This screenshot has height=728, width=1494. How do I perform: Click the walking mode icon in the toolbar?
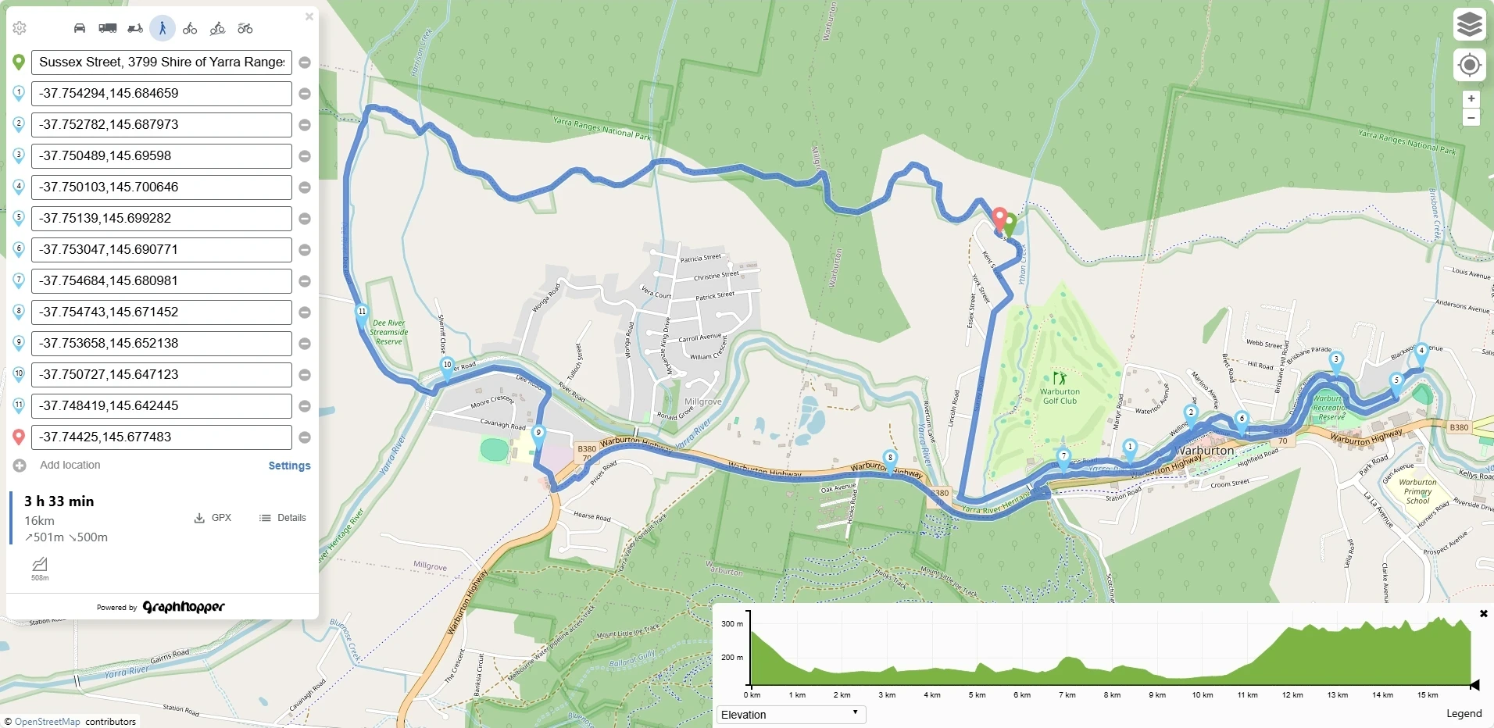(163, 29)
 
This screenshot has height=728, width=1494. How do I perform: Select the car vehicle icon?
(80, 29)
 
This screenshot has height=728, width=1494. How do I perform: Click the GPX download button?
(213, 518)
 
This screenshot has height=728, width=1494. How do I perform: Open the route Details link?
(283, 518)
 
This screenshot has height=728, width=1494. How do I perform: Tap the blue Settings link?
(289, 466)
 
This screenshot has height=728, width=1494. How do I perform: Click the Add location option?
(70, 465)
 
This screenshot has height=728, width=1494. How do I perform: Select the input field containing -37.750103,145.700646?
(161, 187)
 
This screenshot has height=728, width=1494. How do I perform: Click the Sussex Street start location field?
(161, 62)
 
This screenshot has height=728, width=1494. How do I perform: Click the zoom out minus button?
(1471, 118)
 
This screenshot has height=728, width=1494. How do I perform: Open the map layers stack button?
(1469, 25)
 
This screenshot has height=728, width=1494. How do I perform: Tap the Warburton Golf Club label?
(1060, 396)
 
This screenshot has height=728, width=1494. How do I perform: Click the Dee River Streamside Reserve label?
(388, 332)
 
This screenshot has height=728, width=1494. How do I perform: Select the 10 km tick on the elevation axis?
(1202, 694)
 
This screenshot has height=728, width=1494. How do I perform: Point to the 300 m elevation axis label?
(732, 623)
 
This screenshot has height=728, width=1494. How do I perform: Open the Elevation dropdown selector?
(791, 714)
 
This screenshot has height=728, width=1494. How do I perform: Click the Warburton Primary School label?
(1417, 491)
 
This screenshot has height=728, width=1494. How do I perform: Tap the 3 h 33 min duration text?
(59, 501)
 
